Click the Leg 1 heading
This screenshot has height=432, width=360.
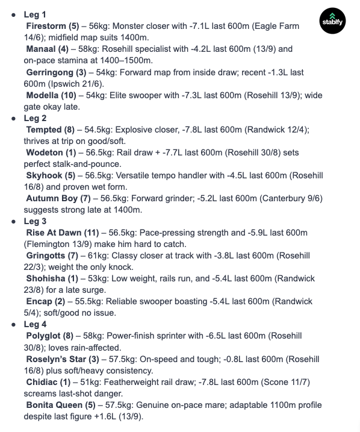pyautogui.click(x=36, y=13)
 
